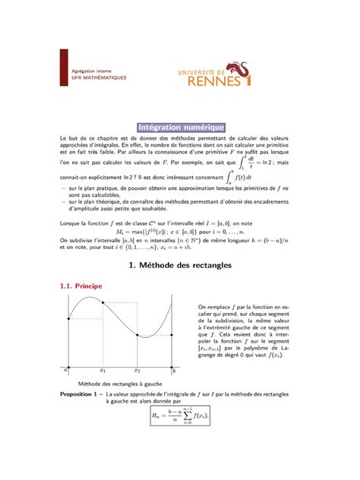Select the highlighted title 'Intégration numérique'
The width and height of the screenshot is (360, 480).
(180, 127)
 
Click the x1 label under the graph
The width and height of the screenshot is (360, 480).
(103, 371)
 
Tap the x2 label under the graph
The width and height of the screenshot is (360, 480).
(138, 371)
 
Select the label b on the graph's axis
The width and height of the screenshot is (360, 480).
(173, 371)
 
